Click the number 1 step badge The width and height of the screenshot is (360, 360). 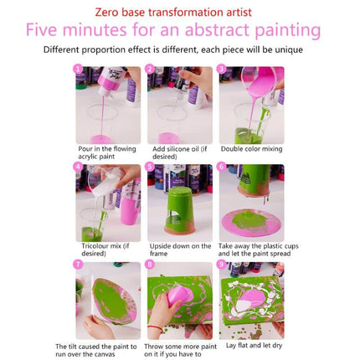[79, 69]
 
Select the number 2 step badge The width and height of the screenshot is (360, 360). [151, 69]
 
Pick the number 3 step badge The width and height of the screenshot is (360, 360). [222, 69]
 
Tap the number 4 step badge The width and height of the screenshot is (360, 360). [79, 167]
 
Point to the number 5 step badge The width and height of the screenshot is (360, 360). [151, 167]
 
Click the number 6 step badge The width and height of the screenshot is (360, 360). [222, 167]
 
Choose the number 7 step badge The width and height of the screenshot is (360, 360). [79, 265]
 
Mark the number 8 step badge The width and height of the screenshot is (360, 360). [151, 265]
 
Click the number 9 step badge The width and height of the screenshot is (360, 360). [222, 265]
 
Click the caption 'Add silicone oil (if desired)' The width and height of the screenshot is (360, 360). [179, 153]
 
